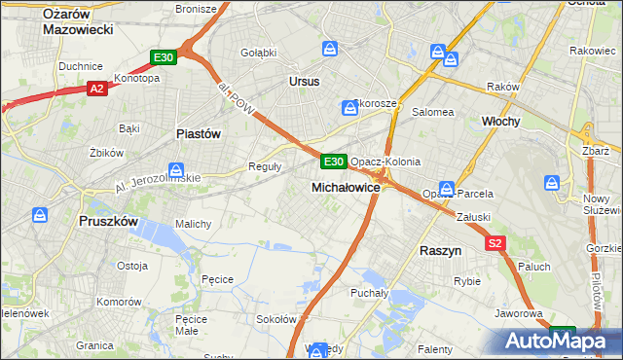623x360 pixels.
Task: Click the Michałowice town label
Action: tap(345, 186)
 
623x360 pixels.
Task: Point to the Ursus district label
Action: tap(304, 82)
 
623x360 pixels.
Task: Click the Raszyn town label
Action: tap(441, 250)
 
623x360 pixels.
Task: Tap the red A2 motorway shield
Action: tap(96, 89)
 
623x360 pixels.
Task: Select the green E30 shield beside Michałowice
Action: tap(333, 161)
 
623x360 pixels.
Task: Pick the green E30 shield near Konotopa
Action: tap(164, 58)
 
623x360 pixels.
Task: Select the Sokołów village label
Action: tap(275, 319)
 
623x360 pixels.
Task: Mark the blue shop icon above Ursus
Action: tap(331, 48)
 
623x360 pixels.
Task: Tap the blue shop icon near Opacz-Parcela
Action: tap(447, 188)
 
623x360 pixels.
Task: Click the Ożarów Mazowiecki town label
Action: tap(79, 20)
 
